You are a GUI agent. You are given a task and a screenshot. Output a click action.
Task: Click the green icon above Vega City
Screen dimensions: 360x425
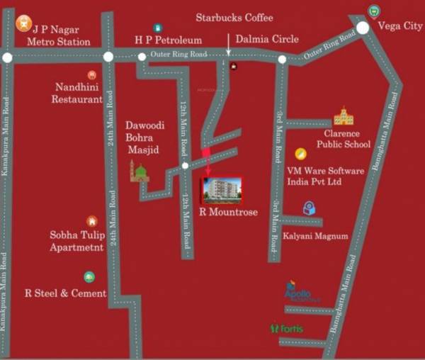(374, 10)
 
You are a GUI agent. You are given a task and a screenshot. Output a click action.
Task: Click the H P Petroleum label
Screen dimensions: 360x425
(169, 40)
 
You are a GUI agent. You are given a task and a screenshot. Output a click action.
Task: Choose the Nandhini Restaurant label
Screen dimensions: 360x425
(78, 93)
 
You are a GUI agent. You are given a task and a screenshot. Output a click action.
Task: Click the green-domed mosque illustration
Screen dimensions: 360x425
(140, 171)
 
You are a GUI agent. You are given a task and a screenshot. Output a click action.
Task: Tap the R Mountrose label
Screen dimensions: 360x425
(229, 212)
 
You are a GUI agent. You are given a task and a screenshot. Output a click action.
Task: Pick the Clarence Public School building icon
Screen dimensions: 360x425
(344, 116)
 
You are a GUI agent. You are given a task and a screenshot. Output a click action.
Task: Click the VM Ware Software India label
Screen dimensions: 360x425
(325, 176)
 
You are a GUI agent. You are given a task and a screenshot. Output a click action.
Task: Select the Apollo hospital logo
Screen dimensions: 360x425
(302, 295)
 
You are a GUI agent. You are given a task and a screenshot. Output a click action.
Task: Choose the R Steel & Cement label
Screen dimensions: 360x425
(65, 293)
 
